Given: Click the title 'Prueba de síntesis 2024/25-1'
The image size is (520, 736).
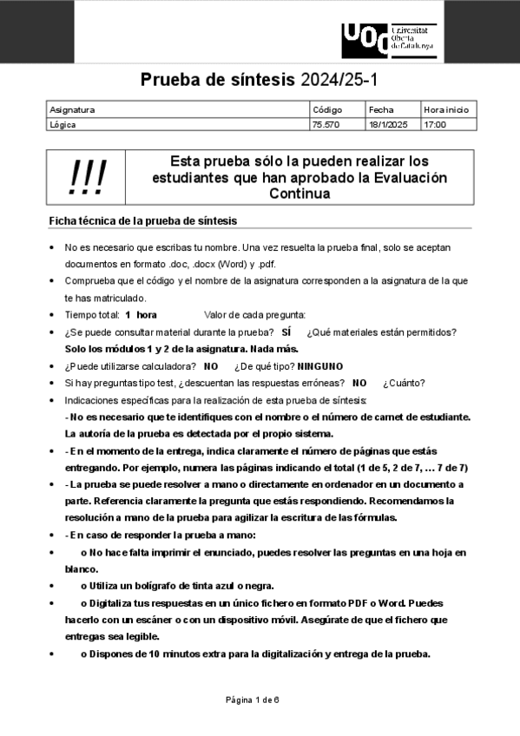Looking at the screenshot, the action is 260,81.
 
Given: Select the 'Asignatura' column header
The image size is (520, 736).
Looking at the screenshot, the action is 72,110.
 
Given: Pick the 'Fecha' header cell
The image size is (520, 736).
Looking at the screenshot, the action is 381,110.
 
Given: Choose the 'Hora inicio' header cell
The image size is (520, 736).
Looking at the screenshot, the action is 446,110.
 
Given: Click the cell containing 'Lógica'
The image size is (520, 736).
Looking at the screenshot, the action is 63,124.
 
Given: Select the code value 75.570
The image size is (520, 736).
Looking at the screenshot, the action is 326,124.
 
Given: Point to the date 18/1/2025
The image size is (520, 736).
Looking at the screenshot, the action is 387,124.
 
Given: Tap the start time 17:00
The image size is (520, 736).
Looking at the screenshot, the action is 435,124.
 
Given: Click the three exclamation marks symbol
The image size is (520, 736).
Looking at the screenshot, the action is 87,178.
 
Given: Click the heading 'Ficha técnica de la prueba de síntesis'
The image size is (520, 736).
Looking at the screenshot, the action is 142,220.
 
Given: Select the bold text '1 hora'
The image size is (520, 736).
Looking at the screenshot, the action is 141,314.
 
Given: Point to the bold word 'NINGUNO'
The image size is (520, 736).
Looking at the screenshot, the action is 320,366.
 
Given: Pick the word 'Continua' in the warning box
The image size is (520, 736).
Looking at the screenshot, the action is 299,194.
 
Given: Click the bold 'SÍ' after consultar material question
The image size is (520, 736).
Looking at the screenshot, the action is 286,332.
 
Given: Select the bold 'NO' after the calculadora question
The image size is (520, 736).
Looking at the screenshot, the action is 211,366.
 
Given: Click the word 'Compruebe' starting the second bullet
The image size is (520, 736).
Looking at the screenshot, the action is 90,281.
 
